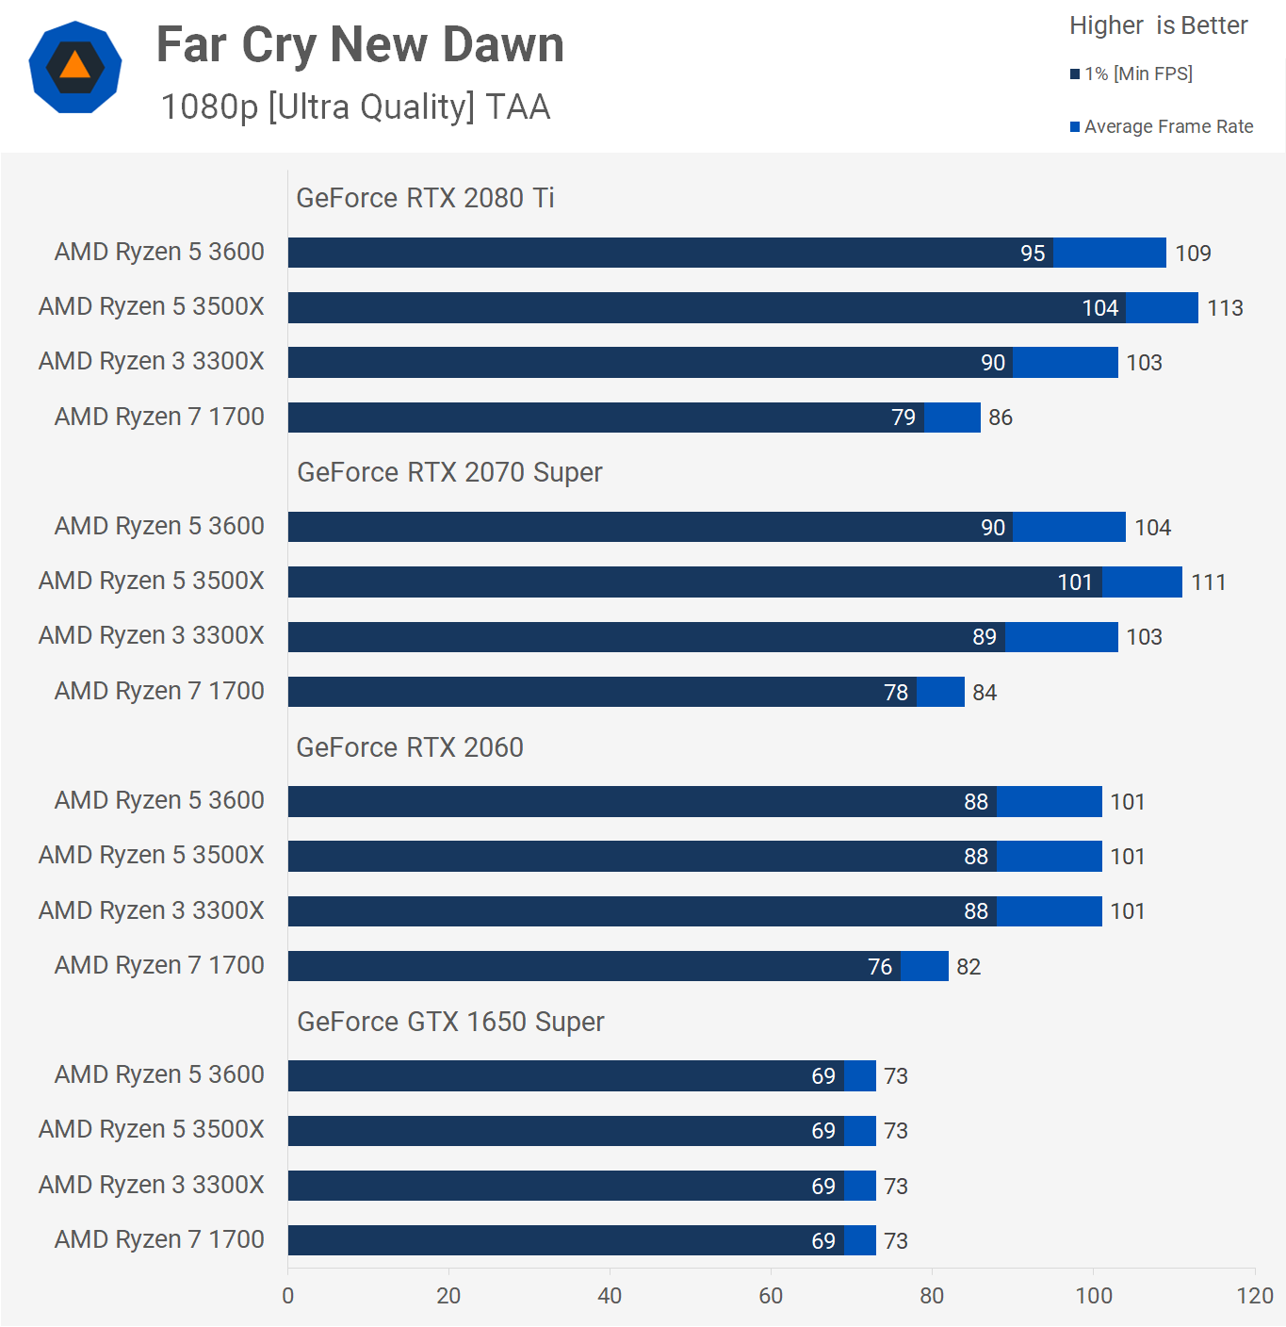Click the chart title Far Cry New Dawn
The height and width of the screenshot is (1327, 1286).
tap(360, 45)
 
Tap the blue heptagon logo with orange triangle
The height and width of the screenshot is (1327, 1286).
tap(75, 67)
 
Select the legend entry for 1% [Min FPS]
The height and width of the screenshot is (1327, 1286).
tap(1131, 74)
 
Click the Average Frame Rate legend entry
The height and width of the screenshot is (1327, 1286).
tap(1162, 126)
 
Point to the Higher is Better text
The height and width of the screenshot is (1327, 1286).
tap(1158, 25)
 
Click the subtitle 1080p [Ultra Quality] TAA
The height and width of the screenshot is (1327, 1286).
tap(355, 107)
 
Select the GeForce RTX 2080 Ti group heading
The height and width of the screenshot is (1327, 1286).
tap(425, 198)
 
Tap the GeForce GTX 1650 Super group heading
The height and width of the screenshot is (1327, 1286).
tap(450, 1022)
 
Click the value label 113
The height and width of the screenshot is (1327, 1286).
tap(1225, 308)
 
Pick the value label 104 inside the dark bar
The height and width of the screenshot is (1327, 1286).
tap(1099, 308)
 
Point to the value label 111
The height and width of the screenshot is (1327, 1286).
tap(1208, 582)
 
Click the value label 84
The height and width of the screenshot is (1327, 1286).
tap(985, 693)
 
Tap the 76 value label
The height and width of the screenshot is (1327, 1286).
tap(880, 967)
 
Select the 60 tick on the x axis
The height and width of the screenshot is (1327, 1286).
tap(771, 1296)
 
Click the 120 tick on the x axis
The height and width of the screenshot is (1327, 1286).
tap(1254, 1296)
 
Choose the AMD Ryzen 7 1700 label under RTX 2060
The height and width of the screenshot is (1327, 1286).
tap(159, 965)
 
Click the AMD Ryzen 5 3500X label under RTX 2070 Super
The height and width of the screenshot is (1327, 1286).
tap(152, 581)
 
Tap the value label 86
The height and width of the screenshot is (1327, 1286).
tap(1001, 418)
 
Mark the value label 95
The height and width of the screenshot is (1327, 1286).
tap(1033, 254)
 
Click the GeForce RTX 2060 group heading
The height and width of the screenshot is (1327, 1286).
tap(410, 747)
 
